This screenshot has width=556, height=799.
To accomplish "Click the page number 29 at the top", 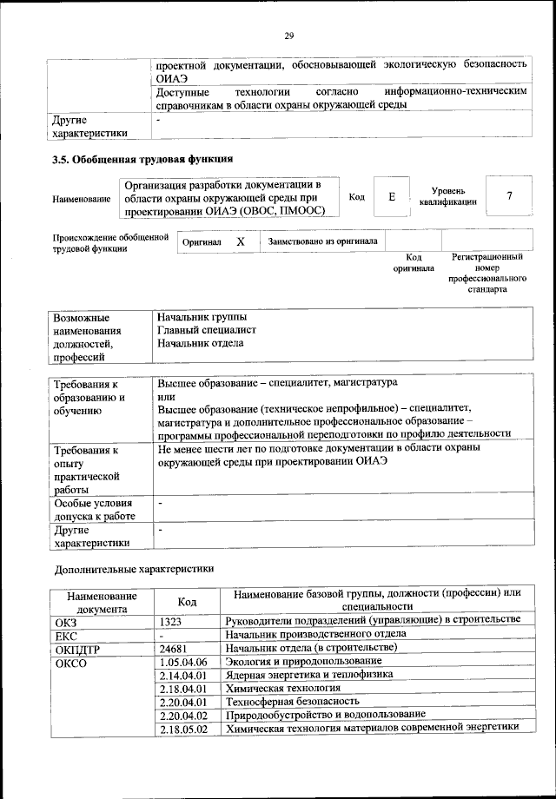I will pos(289,36).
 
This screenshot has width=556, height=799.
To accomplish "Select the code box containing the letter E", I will pos(392,197).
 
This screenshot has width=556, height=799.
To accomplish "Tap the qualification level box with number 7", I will pos(508,197).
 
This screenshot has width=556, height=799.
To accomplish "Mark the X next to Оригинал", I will pos(241,242).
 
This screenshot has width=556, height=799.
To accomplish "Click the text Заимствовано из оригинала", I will pos(322,241).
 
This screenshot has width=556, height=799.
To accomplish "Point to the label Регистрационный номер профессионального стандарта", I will pos(486,274).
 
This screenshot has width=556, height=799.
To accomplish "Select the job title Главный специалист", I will pos(207,330).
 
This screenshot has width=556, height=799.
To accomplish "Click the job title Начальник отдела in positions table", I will pos(200,343).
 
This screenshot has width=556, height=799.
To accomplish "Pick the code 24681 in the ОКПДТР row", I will pos(175,648).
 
